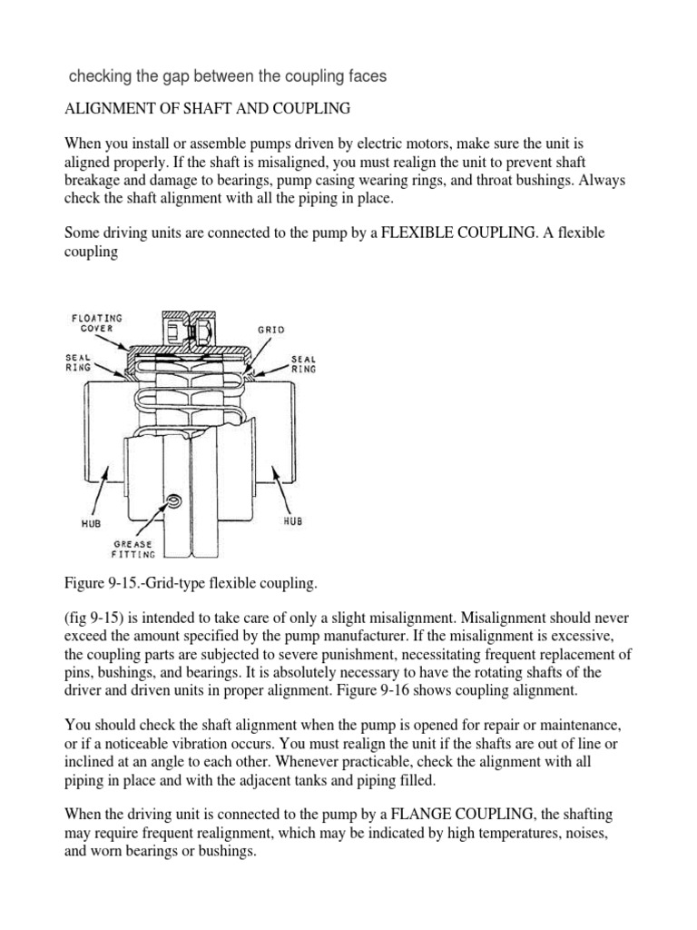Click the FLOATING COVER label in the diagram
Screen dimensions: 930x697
coord(97,323)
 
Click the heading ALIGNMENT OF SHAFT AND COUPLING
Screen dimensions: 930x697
coord(207,109)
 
